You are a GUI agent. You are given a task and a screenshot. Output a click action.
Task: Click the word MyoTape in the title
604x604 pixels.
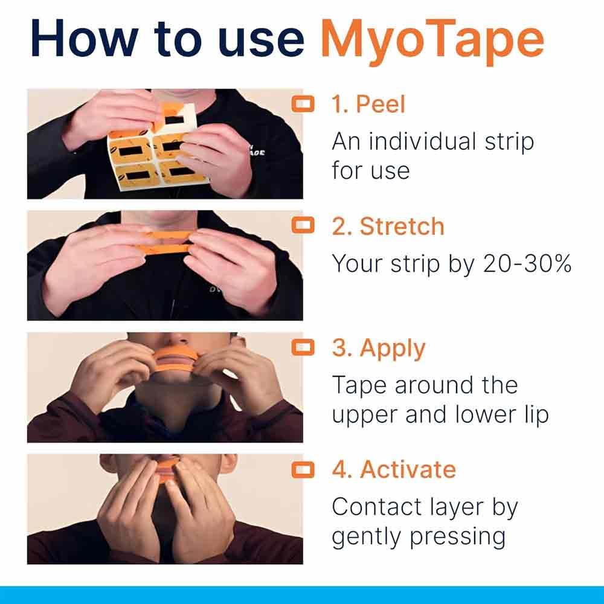coord(432,40)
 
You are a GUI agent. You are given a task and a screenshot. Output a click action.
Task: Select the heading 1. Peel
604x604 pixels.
coord(368,104)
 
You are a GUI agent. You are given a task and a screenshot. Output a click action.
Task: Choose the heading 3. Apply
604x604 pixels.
coord(378,349)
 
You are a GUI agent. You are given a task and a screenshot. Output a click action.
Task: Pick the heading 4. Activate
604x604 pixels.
coord(393,470)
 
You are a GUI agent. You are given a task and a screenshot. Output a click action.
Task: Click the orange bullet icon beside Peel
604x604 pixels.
coord(303,104)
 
